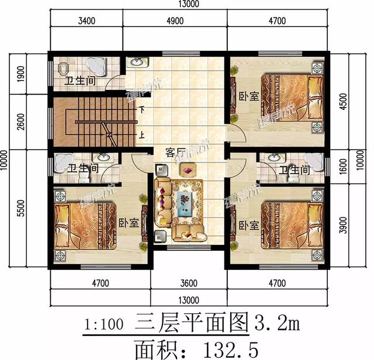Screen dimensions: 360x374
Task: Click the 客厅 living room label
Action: pyautogui.click(x=175, y=153)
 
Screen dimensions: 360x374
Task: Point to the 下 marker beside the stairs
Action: pyautogui.click(x=142, y=109)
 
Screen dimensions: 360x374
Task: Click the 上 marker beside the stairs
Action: pyautogui.click(x=142, y=134)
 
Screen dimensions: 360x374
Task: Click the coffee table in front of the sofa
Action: pyautogui.click(x=186, y=205)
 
